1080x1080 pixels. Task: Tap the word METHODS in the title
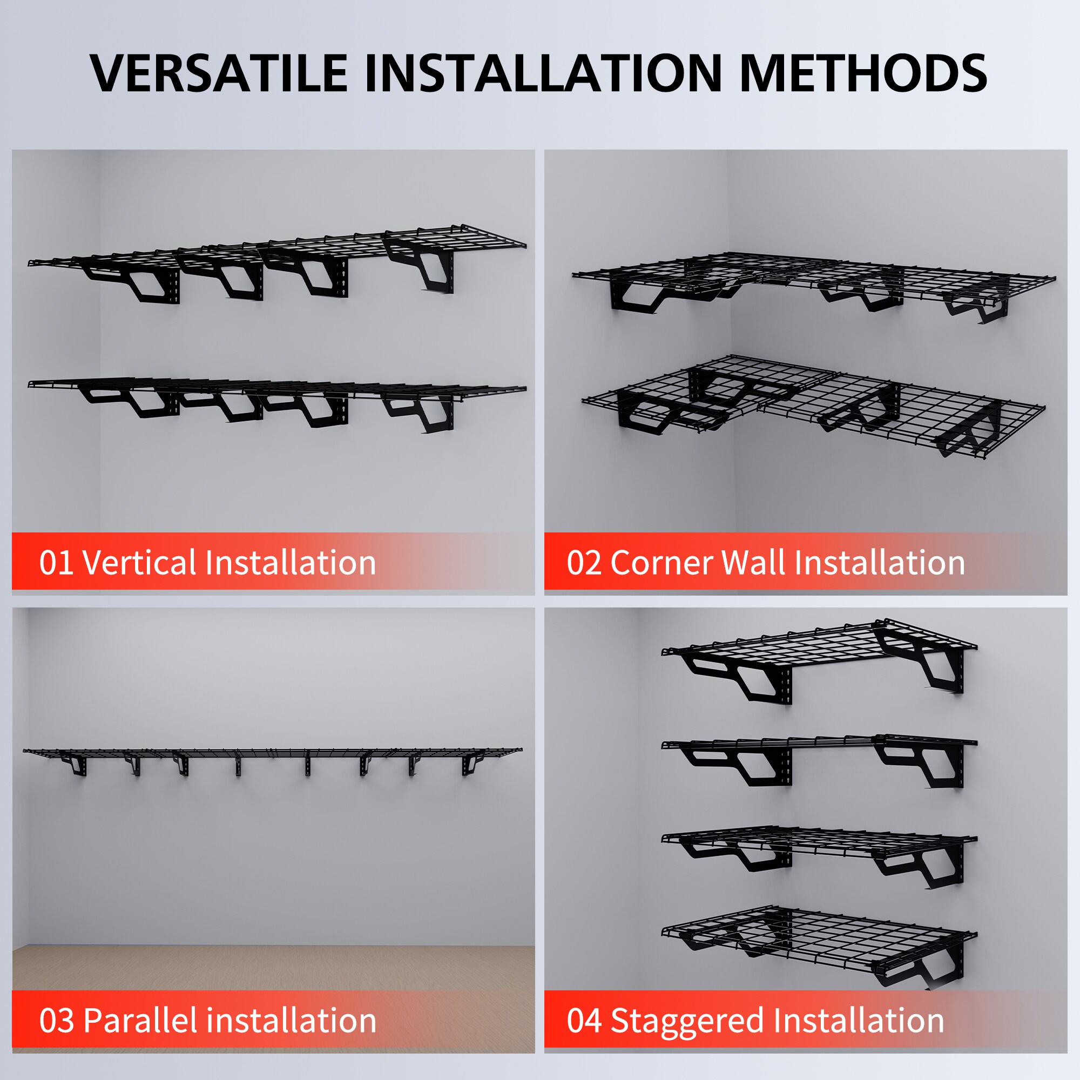click(863, 73)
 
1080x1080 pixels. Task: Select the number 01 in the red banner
click(56, 563)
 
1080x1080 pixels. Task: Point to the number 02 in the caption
click(584, 563)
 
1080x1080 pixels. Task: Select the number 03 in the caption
click(56, 1021)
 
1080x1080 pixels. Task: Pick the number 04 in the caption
click(584, 1021)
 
